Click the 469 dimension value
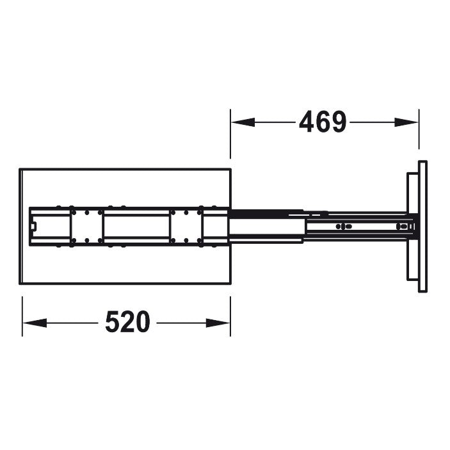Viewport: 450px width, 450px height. pos(323,122)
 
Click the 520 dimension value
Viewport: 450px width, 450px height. pos(128,321)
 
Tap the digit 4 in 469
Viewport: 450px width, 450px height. pos(307,122)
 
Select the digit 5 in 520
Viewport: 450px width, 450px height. pos(112,321)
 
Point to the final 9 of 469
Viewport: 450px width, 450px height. pos(339,122)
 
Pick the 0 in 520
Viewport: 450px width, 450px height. pos(143,321)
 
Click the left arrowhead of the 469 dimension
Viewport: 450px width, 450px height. pos(243,122)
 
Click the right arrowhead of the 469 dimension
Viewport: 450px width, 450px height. pos(406,122)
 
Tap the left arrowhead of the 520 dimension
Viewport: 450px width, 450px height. pos(35,323)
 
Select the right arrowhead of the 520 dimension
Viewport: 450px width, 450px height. pos(218,323)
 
